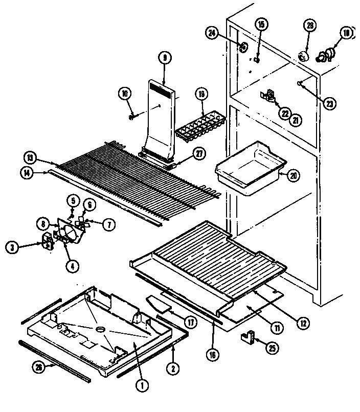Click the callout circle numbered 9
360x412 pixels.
coord(164,58)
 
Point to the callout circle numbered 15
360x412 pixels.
coord(261,25)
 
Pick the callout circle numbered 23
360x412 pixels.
coord(329,102)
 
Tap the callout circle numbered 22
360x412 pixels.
coord(284,113)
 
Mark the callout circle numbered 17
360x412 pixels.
coord(191,323)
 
